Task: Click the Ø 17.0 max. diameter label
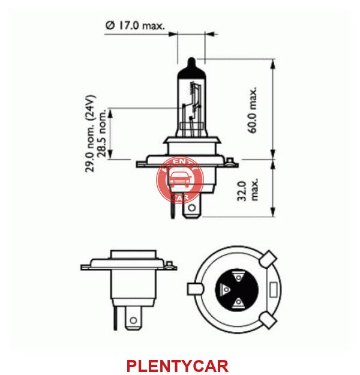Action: click(x=135, y=25)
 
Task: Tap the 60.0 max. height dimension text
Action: click(x=252, y=110)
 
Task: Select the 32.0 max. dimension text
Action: click(x=248, y=191)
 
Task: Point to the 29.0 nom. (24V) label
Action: click(x=91, y=134)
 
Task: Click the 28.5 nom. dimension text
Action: click(x=102, y=133)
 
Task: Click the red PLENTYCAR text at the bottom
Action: click(x=178, y=365)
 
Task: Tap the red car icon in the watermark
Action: click(x=181, y=179)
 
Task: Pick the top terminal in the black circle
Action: click(x=238, y=277)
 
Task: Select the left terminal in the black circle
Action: click(x=225, y=289)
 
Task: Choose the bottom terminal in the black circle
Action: click(x=238, y=302)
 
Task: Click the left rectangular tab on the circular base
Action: click(x=195, y=289)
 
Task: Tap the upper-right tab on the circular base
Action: click(x=268, y=259)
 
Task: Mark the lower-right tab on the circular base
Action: click(x=268, y=320)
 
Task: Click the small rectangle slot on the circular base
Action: click(x=273, y=290)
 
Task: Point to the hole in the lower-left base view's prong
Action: click(x=133, y=320)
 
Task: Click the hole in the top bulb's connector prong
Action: click(x=191, y=208)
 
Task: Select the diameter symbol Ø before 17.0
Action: click(x=110, y=25)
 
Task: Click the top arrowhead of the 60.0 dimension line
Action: click(x=272, y=64)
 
